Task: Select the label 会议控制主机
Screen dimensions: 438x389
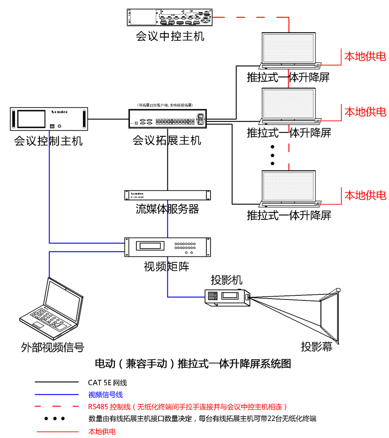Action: click(x=49, y=140)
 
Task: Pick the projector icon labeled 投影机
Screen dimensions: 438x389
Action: click(x=227, y=296)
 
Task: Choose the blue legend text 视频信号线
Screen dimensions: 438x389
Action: click(x=105, y=394)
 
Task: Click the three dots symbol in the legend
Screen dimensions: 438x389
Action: click(x=54, y=418)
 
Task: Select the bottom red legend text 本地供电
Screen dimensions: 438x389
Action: click(x=102, y=431)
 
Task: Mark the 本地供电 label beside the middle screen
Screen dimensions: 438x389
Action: click(x=365, y=111)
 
